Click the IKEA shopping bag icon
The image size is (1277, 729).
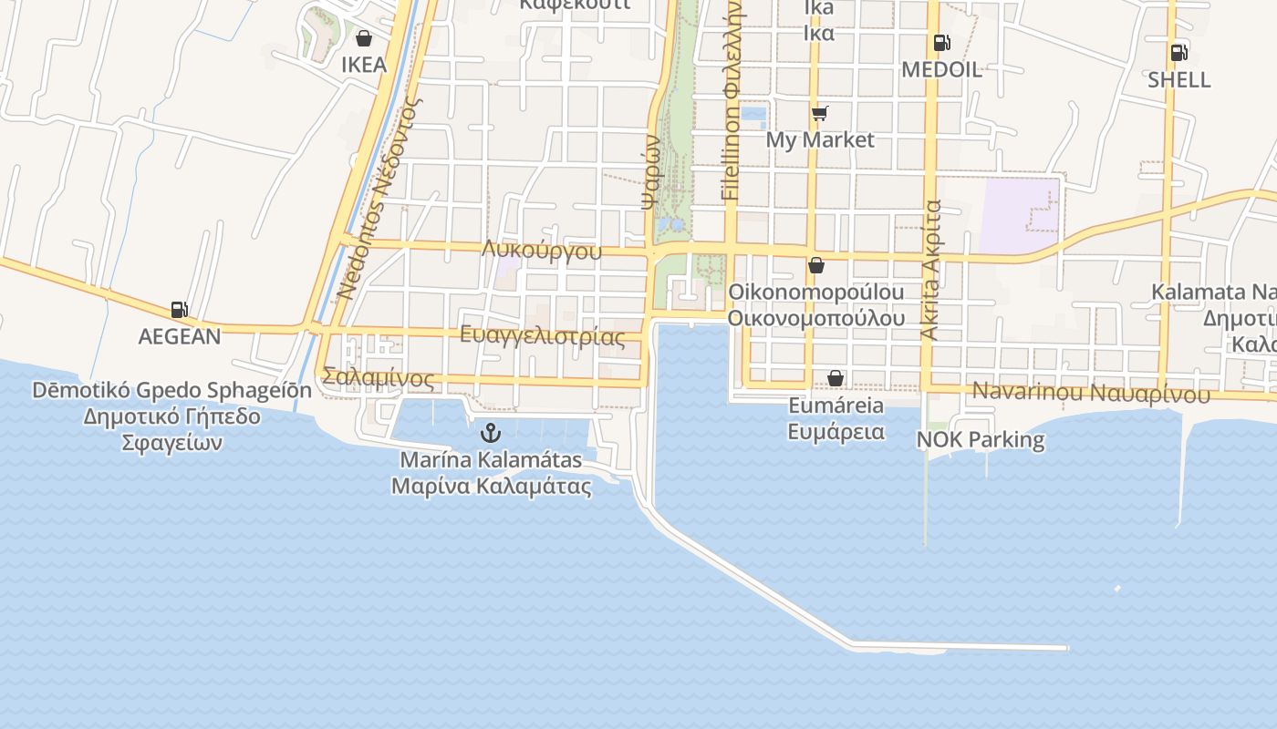[x=364, y=38]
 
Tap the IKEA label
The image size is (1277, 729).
[x=364, y=65]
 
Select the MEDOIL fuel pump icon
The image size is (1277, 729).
[x=940, y=42]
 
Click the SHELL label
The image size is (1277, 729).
[x=1178, y=79]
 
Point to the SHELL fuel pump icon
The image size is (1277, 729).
[x=1178, y=52]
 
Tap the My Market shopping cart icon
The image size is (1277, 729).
[x=819, y=113]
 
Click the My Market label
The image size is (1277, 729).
[x=819, y=139]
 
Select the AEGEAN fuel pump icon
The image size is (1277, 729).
[x=180, y=310]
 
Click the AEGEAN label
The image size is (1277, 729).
[x=180, y=336]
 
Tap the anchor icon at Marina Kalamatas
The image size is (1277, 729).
[x=491, y=432]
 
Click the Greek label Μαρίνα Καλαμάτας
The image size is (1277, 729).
[x=491, y=486]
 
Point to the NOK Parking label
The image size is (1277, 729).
[x=980, y=439]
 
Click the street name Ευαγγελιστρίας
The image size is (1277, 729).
[x=543, y=336]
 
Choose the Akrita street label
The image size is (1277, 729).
[x=931, y=271]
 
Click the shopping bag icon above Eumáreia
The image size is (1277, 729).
[x=835, y=378]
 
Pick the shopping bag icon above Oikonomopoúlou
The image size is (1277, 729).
[x=816, y=265]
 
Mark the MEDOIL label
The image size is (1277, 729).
[x=941, y=69]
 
